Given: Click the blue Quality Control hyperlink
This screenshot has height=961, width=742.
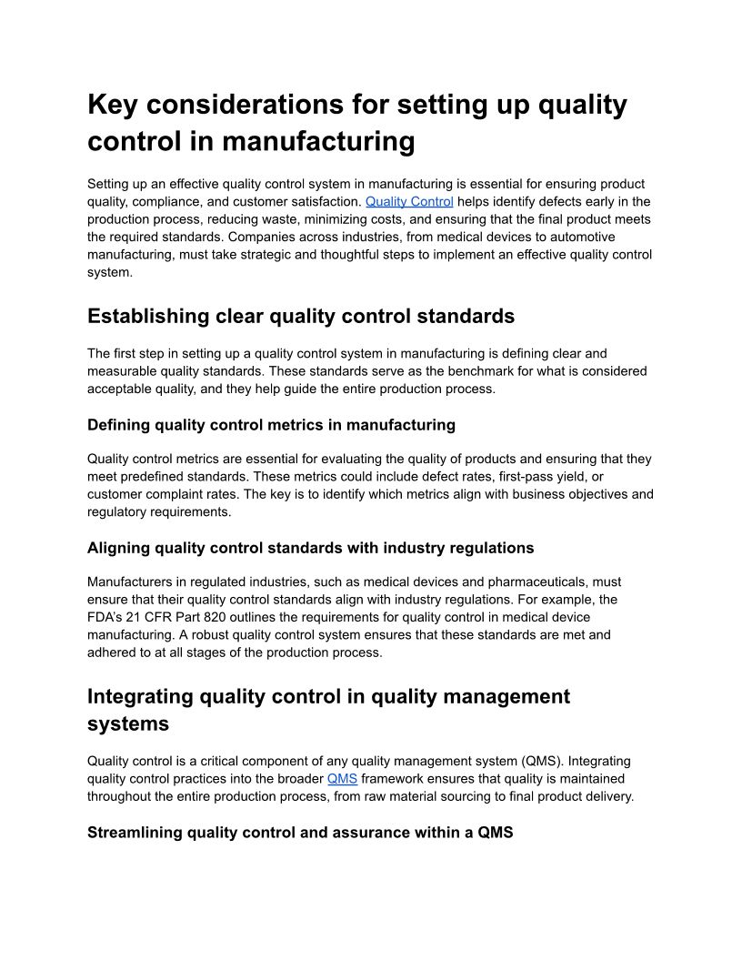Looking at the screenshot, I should pos(409,202).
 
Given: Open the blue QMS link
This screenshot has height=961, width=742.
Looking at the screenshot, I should pos(342,779).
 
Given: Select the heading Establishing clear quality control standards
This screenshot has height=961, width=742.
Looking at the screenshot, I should pos(301,317).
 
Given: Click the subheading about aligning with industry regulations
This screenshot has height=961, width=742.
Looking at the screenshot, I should pos(310,548).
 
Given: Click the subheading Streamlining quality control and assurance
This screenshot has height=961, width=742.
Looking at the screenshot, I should pos(300,833).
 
